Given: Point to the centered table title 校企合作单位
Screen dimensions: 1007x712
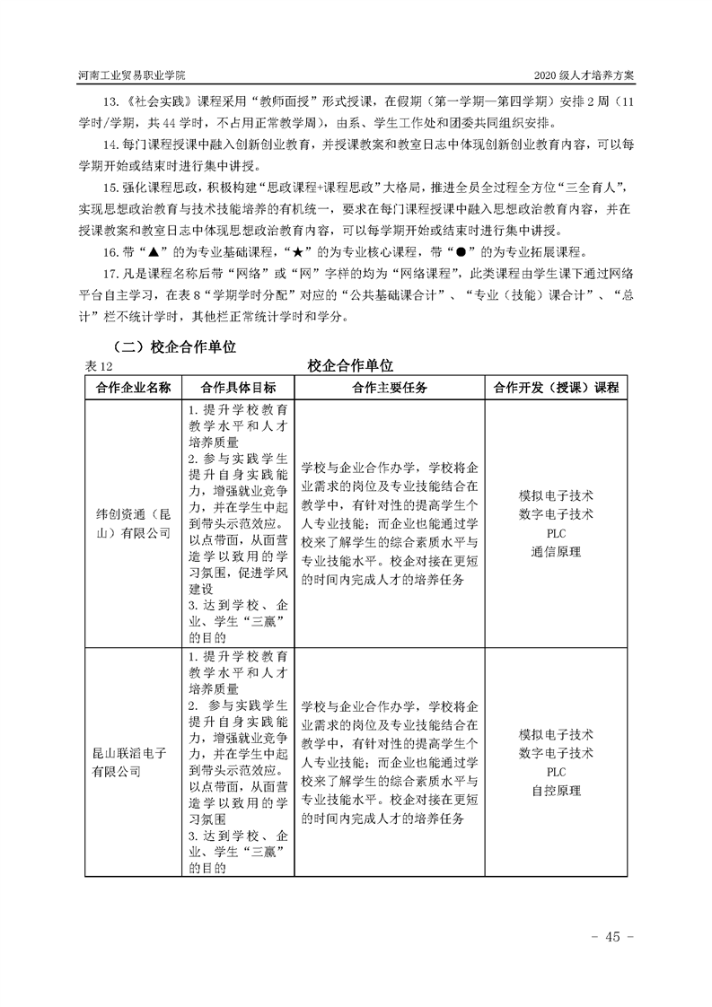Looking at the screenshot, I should (x=350, y=365).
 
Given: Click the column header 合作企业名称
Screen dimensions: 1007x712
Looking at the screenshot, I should (x=132, y=388).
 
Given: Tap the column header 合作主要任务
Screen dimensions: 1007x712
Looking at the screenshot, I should (x=388, y=388).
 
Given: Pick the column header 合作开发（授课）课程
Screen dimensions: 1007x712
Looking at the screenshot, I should (x=556, y=388).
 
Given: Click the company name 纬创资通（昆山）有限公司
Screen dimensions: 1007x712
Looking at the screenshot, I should (x=132, y=524).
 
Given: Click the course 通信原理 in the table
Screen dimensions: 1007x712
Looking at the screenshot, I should (x=556, y=551).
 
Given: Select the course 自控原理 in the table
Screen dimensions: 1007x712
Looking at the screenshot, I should (x=556, y=791).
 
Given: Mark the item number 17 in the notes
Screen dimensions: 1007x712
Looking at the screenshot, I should (x=110, y=272).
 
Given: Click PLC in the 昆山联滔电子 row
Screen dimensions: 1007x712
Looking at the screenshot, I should (x=556, y=771).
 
